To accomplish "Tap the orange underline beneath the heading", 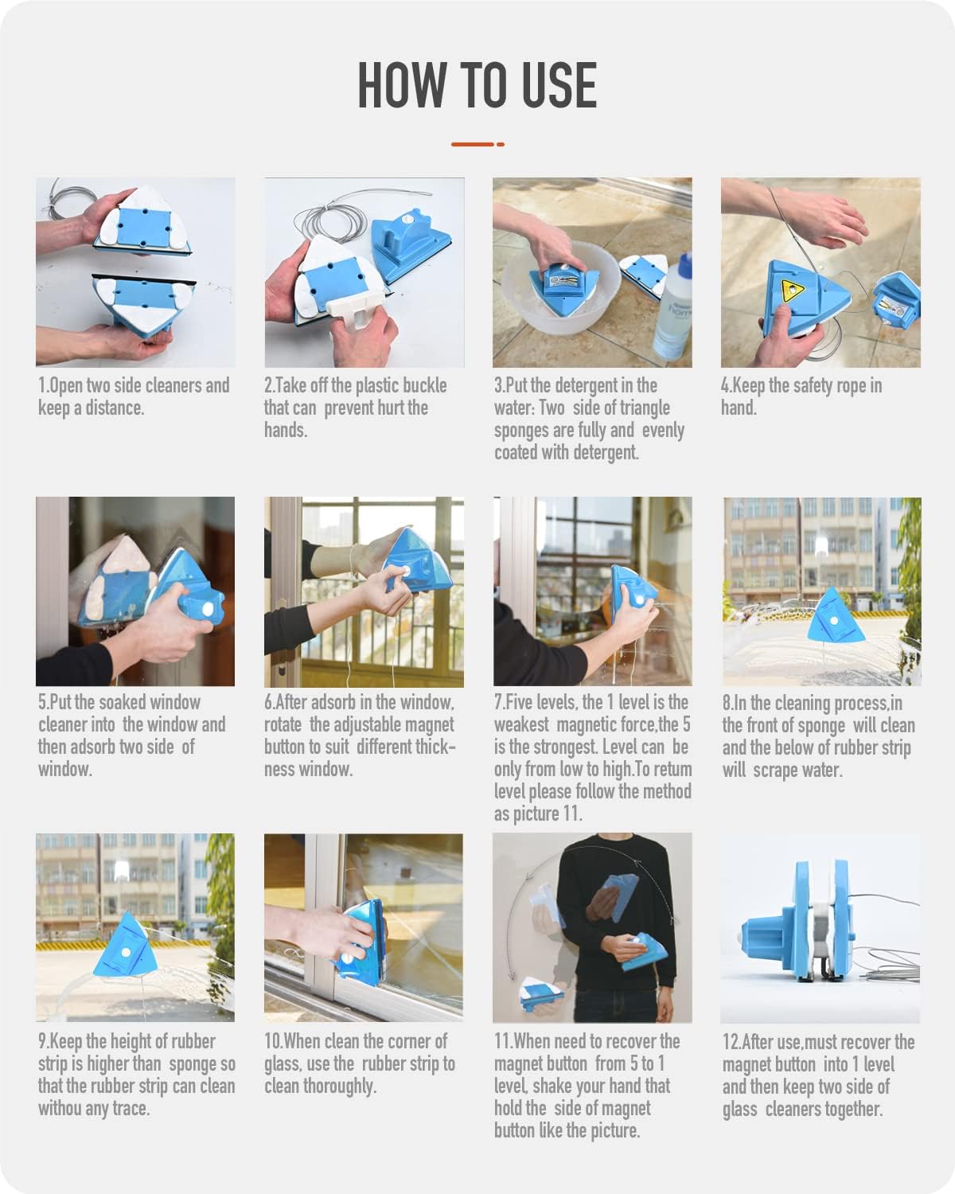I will click(x=477, y=144).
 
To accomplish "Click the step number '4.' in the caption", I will click(x=726, y=386).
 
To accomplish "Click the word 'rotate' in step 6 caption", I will click(x=283, y=725).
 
